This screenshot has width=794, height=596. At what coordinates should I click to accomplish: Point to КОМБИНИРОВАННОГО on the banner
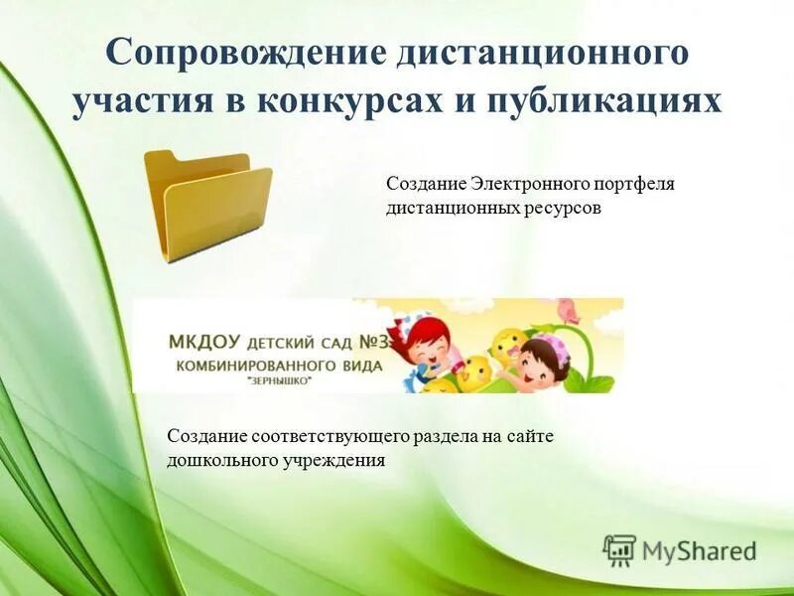click(x=252, y=365)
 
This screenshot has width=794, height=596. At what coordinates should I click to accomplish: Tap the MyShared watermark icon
click(x=619, y=549)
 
